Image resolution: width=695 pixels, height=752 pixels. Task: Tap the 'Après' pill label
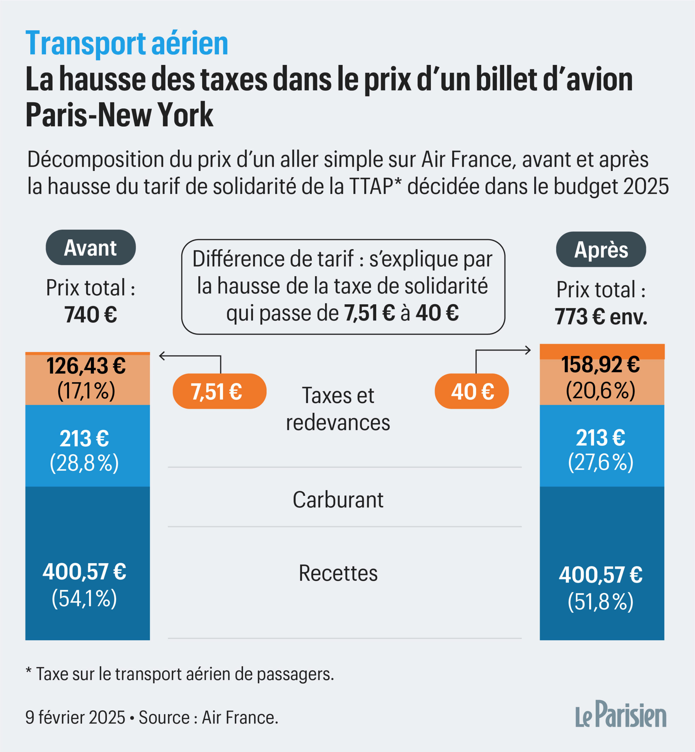[x=601, y=250]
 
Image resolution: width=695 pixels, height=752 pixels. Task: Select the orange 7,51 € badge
[x=219, y=391]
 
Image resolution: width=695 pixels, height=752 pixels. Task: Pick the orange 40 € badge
[x=472, y=391]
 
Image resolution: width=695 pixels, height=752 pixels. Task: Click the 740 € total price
[x=91, y=315]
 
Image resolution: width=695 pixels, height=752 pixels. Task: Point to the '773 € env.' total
[x=601, y=317]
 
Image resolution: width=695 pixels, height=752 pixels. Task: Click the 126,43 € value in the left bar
[x=86, y=366]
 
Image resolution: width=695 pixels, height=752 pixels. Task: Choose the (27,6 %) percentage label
[x=600, y=462]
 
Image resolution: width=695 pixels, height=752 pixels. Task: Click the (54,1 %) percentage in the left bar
[x=84, y=598]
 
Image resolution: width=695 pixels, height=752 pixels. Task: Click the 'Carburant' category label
[x=338, y=500]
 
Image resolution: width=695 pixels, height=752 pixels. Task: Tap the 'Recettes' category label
[x=338, y=573]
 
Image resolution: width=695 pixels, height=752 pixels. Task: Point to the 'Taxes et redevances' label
[x=338, y=409]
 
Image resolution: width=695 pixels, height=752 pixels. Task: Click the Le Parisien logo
[x=621, y=715]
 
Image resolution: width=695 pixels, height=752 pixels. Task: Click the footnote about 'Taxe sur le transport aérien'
[x=180, y=674]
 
